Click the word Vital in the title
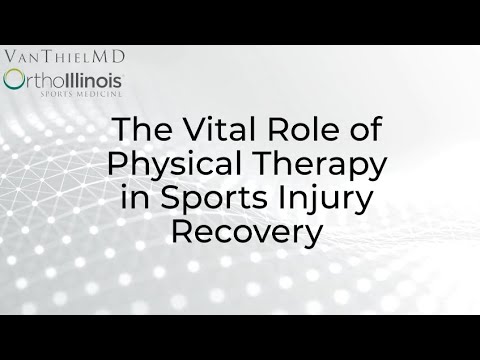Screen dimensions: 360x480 click(208, 131)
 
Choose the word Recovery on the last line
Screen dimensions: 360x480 click(246, 233)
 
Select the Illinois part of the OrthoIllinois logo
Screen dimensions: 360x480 click(91, 78)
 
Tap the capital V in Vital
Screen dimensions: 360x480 click(179, 131)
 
